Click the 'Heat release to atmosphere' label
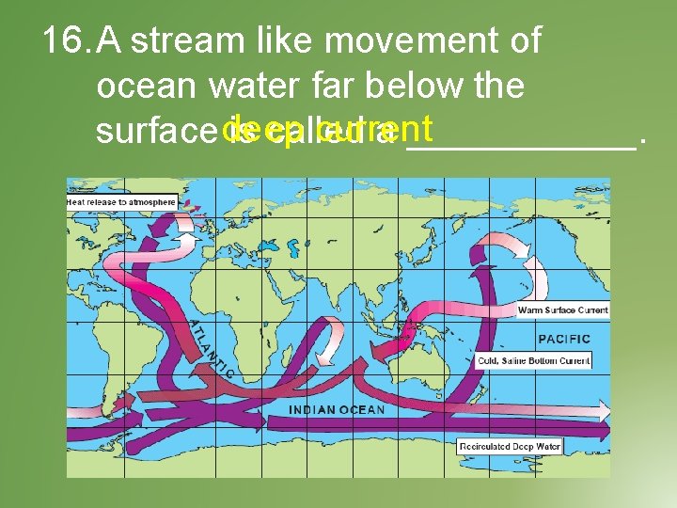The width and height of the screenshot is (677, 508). [x=120, y=202]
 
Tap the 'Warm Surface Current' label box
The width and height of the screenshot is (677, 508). [x=563, y=310]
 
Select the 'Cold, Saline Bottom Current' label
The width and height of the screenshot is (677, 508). [x=533, y=360]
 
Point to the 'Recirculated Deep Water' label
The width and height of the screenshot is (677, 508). [x=510, y=446]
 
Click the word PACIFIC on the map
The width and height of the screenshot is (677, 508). [x=563, y=338]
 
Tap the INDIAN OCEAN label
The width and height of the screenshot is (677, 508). [x=336, y=410]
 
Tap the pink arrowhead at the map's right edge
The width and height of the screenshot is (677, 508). [x=603, y=410]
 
